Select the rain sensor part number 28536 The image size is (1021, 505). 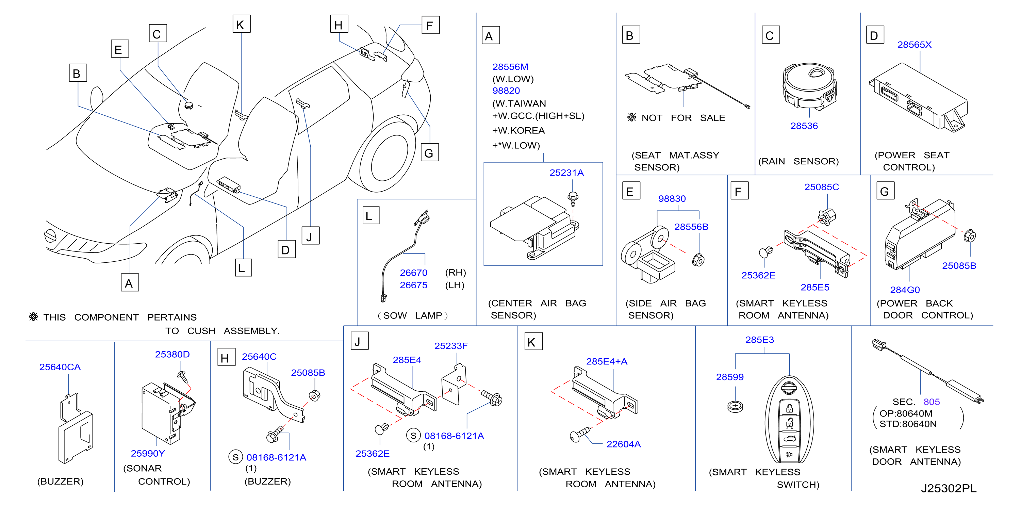tap(804, 126)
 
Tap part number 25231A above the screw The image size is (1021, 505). tap(566, 173)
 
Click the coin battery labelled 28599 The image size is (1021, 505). tap(735, 407)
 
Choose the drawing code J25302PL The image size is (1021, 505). tap(949, 488)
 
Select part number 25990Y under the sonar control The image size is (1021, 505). tap(148, 454)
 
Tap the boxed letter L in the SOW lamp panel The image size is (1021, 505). tap(371, 216)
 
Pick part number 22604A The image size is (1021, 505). tap(624, 444)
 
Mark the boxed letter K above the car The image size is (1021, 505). tap(241, 25)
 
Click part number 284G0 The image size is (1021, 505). tap(905, 290)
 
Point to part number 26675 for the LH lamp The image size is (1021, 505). tap(413, 286)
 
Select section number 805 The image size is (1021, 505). tap(932, 402)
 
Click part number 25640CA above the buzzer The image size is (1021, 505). tap(60, 368)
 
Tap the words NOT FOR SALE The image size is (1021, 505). tap(683, 118)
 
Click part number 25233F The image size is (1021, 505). tap(451, 346)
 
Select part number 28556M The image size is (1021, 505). tap(510, 67)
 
